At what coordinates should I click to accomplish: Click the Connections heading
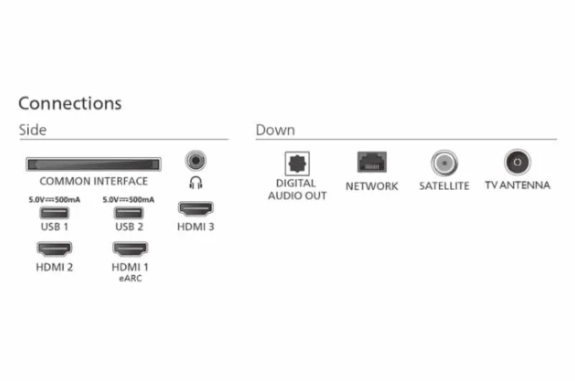[70, 104]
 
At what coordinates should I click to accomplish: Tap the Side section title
[32, 130]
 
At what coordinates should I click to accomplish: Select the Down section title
[275, 130]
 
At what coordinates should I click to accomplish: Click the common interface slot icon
[93, 165]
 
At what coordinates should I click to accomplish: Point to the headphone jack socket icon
[195, 160]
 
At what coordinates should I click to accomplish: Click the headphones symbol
[195, 183]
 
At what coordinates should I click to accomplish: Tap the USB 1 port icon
[55, 213]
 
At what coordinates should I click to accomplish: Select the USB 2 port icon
[129, 213]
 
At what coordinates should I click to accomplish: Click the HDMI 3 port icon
[195, 208]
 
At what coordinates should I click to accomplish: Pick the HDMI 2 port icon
[55, 249]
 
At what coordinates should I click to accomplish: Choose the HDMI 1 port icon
[130, 249]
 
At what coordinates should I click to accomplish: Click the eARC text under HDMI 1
[130, 278]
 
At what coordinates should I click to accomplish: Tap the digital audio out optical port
[297, 164]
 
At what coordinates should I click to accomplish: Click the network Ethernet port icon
[372, 162]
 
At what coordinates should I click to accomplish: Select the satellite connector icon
[444, 162]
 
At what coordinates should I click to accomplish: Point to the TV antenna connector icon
[517, 162]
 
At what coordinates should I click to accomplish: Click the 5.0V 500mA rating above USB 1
[55, 199]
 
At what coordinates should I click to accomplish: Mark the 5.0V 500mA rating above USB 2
[129, 199]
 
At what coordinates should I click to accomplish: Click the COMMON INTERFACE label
[93, 181]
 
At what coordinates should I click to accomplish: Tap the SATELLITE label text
[444, 186]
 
